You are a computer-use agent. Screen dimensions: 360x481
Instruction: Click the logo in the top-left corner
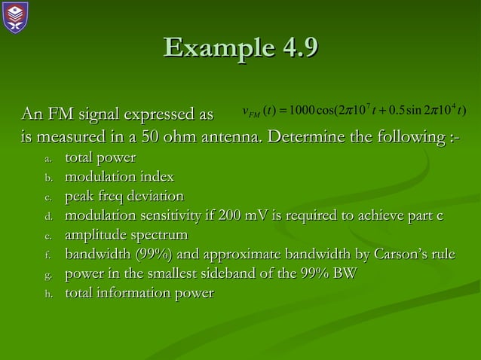[x=16, y=17]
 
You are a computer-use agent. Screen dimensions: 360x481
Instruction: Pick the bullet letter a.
[x=47, y=159]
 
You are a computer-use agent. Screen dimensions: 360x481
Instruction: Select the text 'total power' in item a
[x=100, y=158]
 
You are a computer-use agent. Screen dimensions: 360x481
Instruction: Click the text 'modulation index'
[x=119, y=178]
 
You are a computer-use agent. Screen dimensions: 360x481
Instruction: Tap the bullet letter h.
[x=47, y=294]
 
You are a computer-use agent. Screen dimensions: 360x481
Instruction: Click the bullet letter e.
[x=47, y=237]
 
